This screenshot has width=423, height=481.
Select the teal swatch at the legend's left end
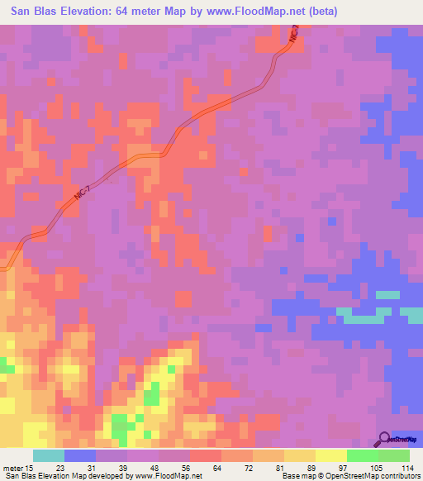[x=49, y=455]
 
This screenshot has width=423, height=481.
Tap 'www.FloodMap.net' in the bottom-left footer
[x=169, y=476]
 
